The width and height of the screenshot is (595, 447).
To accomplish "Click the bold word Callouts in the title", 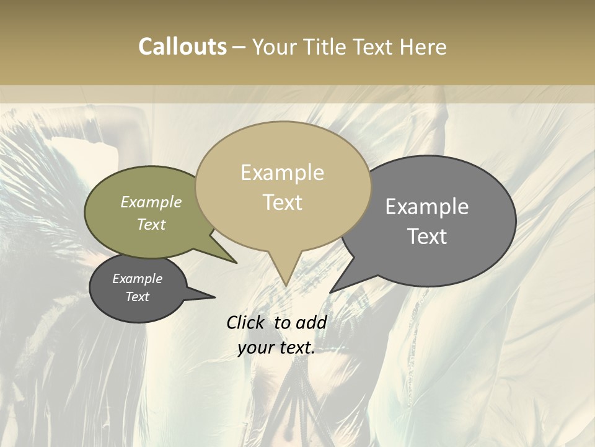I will pos(182,47).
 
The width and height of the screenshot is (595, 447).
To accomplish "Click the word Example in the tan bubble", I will pos(282,173).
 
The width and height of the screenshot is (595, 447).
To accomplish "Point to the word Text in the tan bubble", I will pos(282,202).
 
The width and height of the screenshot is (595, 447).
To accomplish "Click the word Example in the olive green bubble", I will pos(151,202).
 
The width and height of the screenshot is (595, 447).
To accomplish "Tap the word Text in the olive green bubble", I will pos(151,224).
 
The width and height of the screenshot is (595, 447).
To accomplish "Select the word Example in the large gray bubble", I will pos(426,207).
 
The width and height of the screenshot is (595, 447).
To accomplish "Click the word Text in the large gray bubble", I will pos(426,237).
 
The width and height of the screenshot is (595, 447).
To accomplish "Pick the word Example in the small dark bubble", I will pos(137,279).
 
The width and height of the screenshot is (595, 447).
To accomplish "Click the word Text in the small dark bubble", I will pos(137,297).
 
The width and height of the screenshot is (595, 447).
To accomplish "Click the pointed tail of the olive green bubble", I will pos(236,263).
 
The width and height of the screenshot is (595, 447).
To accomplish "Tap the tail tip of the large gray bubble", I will pos(331,292).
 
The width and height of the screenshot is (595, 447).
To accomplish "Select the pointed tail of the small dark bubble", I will pos(214,297).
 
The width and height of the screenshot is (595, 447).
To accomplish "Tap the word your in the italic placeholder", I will pos(255,348).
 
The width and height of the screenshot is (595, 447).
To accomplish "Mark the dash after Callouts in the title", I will pos(239,47).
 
